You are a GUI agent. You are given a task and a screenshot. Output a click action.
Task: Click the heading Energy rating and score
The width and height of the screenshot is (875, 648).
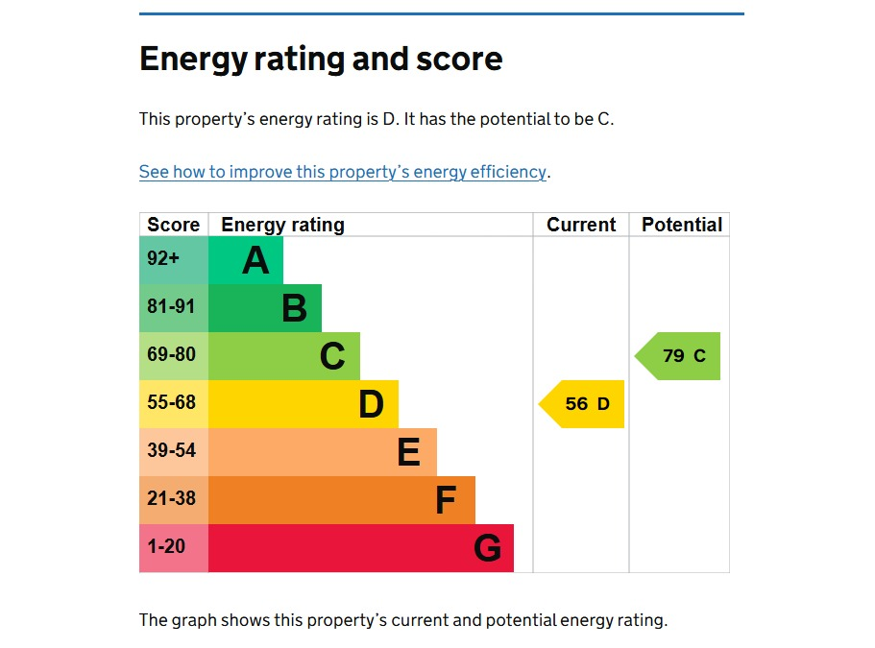coord(321,60)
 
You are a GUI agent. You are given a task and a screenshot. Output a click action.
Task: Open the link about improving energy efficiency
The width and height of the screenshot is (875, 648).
coord(343,173)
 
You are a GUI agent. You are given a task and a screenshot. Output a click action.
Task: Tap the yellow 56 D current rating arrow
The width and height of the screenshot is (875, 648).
coord(583,404)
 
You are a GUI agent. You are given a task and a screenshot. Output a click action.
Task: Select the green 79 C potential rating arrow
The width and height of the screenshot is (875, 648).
coord(679,356)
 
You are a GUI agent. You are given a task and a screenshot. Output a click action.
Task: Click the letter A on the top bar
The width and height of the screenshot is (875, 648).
coord(255,260)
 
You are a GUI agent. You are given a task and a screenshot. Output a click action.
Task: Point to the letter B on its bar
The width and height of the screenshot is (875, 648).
coord(294,308)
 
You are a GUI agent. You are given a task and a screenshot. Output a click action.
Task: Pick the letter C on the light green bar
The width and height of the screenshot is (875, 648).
coord(332,356)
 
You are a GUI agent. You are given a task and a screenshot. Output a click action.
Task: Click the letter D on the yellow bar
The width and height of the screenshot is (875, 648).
coord(371,404)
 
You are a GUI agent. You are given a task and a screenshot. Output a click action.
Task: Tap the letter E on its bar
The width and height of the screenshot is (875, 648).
coord(408,452)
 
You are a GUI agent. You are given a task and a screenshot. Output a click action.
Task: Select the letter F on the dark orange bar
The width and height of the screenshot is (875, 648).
coord(446,500)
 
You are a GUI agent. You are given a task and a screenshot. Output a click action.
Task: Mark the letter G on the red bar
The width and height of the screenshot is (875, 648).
coord(487,548)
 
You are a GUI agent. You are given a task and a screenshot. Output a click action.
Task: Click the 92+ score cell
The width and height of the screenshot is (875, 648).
coord(173,260)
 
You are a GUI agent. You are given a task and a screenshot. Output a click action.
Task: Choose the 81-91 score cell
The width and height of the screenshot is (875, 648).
coord(173,308)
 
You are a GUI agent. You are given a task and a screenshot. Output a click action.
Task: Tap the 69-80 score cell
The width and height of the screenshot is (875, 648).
coord(173,356)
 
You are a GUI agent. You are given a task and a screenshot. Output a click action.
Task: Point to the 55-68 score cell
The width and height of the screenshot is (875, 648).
coord(173,404)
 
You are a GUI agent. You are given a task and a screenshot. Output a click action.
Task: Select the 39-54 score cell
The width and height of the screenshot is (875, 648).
coord(173,452)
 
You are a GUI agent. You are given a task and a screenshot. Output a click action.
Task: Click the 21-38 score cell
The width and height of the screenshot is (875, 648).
coord(173,500)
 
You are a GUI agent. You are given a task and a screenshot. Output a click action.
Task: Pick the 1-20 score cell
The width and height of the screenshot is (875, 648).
coord(173,548)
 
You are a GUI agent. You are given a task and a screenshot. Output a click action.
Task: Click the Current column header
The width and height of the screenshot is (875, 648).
coord(581,225)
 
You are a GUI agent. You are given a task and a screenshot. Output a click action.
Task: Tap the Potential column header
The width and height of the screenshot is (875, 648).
coord(682,225)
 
